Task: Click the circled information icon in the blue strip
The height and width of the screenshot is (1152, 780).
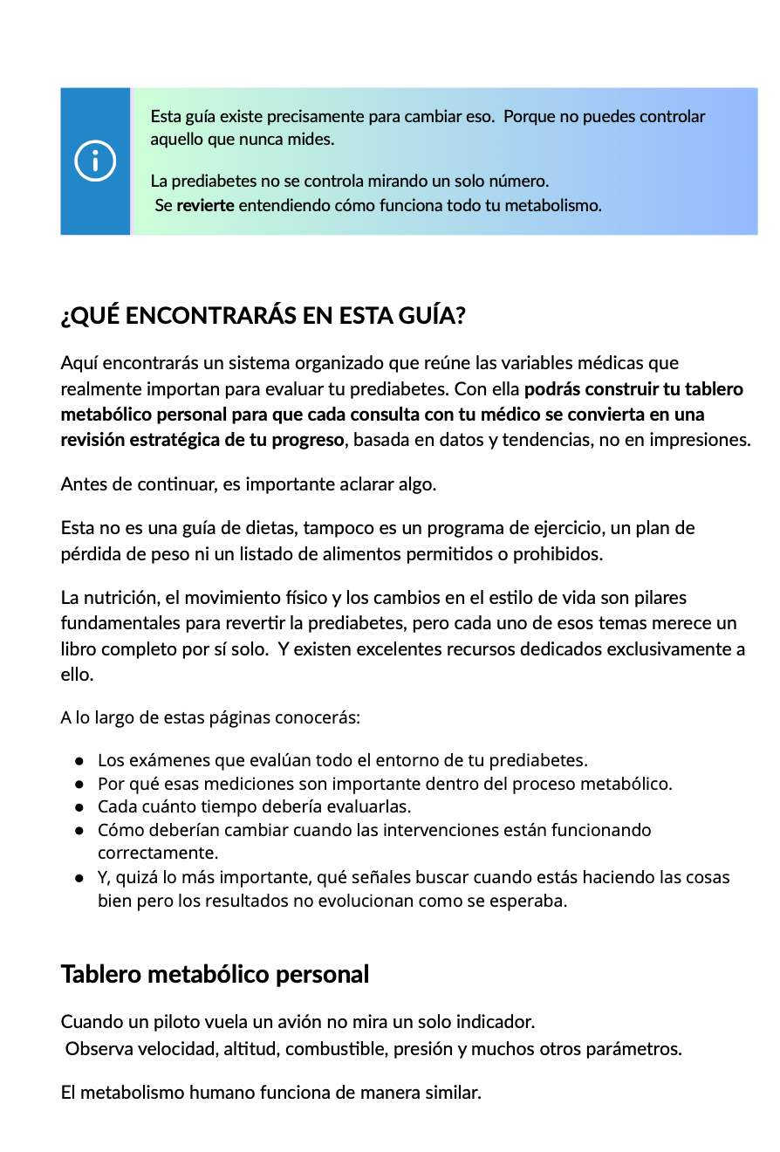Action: pos(95,161)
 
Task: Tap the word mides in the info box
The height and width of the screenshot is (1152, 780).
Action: pos(313,139)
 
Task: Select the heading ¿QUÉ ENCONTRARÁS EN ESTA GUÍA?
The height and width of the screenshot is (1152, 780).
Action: pos(263,315)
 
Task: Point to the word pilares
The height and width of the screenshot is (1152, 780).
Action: pos(659,598)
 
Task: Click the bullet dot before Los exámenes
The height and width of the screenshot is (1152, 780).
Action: pos(79,760)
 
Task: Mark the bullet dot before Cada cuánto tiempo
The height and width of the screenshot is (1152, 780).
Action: pos(79,806)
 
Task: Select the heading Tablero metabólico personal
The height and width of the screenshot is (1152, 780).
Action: pos(215,974)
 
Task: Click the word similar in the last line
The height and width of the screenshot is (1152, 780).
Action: pos(452,1092)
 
